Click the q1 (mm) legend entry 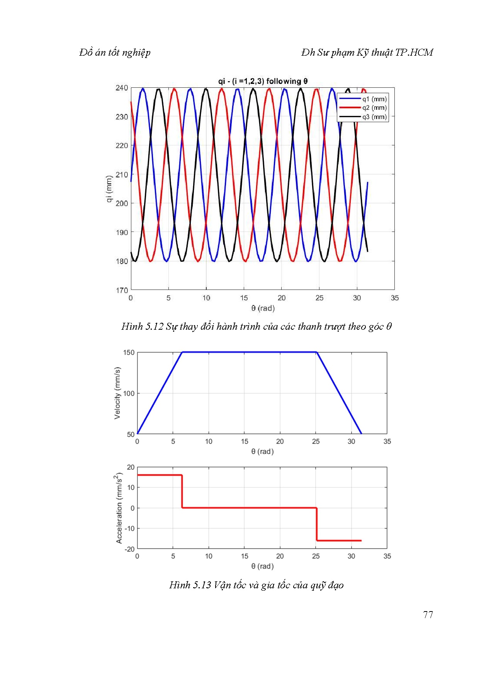(374, 99)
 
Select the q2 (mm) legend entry (374, 108)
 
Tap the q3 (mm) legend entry (374, 117)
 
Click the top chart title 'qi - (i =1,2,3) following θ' (263, 81)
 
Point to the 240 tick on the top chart (122, 88)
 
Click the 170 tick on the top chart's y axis (122, 290)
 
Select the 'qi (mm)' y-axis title (109, 189)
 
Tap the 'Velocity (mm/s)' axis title (117, 393)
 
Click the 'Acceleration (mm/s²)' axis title (119, 508)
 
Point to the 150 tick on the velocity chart (129, 353)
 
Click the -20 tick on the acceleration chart (130, 549)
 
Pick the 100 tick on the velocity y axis (129, 394)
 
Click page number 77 (428, 615)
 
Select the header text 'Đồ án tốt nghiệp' (115, 53)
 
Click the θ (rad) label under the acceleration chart (262, 566)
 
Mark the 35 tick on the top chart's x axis (394, 298)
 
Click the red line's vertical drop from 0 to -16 (316, 524)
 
